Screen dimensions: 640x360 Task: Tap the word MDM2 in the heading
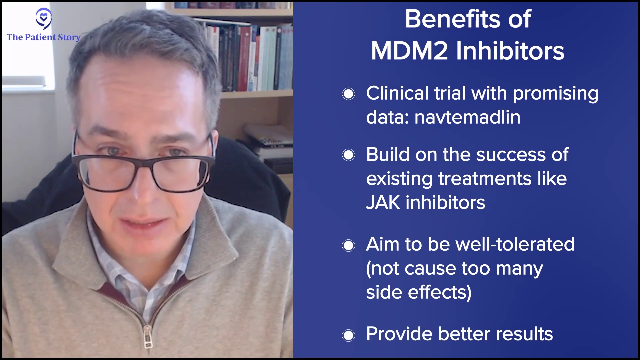pos(409,51)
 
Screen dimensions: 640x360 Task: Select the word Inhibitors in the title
pos(510,51)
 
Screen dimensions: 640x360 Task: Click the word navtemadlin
pos(467,117)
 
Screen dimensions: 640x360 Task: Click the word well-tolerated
pos(515,244)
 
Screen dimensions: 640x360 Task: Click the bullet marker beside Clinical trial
pos(348,94)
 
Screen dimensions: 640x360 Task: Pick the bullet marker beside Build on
pos(348,155)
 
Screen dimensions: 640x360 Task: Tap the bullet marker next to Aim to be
pos(348,246)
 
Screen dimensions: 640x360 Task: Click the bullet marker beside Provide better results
pos(348,335)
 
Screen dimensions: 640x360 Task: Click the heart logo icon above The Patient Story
pos(44,19)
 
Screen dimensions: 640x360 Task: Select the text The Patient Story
pos(44,37)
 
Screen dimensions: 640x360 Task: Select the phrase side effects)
pos(419,292)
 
